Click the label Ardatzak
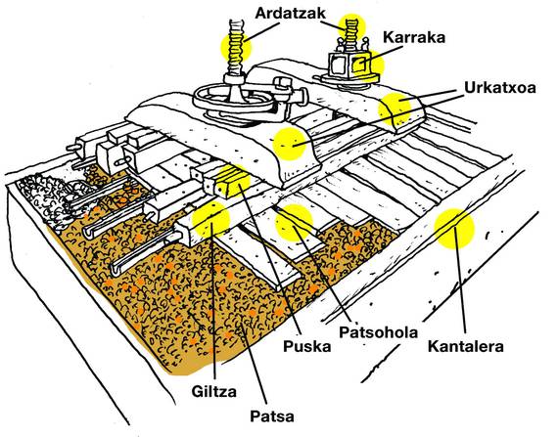290,14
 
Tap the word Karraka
414,37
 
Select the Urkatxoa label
500,87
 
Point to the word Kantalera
465,346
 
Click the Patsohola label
378,332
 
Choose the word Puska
306,346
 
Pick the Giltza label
213,391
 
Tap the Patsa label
272,416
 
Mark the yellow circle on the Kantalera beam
454,228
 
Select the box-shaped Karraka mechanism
349,66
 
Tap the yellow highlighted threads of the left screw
236,46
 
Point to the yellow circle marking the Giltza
211,219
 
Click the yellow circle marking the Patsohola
294,222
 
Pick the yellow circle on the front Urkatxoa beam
290,144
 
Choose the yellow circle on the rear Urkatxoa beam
395,108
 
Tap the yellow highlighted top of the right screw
352,26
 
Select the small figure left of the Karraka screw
341,46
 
